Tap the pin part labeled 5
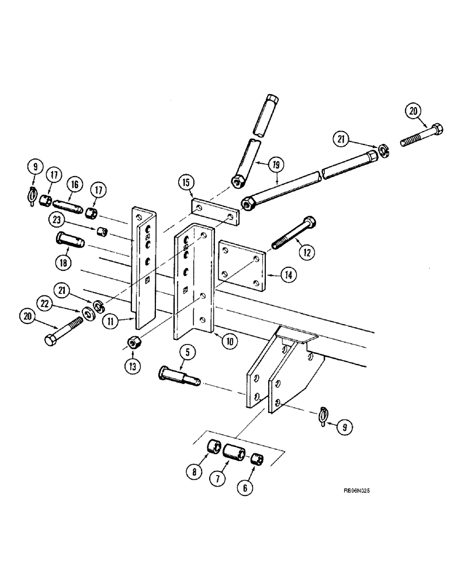point(178,374)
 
